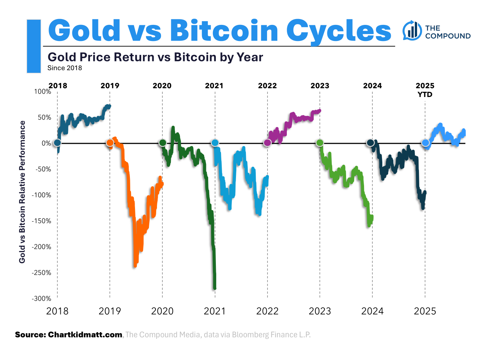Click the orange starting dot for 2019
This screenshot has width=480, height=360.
pos(110,143)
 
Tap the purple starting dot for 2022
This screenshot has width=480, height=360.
pos(267,143)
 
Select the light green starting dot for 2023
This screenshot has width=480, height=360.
pos(320,143)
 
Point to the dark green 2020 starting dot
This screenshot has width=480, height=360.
pos(162,143)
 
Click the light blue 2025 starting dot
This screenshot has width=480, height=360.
pos(425,143)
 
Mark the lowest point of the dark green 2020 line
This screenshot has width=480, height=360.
pos(215,288)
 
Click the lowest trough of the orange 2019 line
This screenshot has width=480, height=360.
pos(135,266)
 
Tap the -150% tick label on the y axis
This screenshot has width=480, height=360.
pos(41,221)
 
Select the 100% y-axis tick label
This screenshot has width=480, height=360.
pos(43,91)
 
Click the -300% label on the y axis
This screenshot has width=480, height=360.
pos(41,299)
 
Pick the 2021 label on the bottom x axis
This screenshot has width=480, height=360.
pos(215,311)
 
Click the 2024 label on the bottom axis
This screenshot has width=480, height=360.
pos(372,311)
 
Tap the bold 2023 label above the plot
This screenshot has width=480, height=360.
pos(320,86)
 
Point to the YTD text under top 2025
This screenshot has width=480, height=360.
pos(425,95)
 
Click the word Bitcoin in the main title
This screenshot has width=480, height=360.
pos(224,30)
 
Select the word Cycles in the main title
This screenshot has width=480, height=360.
pos(338,31)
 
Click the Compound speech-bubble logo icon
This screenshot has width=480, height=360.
pos(412,31)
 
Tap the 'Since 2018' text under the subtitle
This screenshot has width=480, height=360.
pos(65,68)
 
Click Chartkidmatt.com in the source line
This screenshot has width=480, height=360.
pos(85,335)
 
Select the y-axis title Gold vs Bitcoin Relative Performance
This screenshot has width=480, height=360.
pos(22,192)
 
